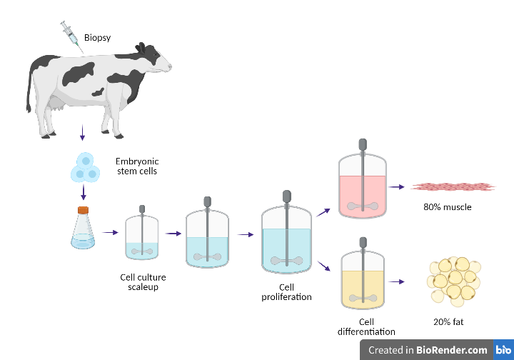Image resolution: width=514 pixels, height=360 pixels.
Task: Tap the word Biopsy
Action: point(99,37)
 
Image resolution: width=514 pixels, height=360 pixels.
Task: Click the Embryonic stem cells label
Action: point(136,165)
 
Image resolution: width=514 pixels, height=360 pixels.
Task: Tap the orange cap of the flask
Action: point(84,210)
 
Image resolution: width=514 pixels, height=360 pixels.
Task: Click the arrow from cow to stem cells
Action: point(83,131)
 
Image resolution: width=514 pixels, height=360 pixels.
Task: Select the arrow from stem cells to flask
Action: point(83,192)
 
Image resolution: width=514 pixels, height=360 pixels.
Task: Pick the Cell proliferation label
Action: point(286,291)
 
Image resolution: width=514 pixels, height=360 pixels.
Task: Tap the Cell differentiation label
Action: point(366,326)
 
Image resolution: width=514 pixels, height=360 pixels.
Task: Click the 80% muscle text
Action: point(447,208)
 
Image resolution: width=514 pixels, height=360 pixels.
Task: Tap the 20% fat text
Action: point(448,322)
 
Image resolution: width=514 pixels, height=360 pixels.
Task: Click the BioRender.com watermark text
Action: point(453,350)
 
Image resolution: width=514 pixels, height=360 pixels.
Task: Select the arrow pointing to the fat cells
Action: point(396,281)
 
